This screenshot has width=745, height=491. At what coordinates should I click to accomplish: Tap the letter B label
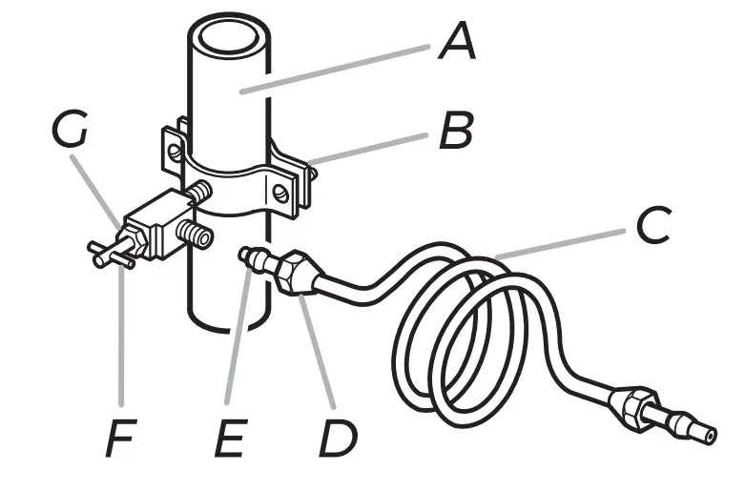(x=455, y=133)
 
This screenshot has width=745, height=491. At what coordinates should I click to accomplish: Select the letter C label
(x=653, y=226)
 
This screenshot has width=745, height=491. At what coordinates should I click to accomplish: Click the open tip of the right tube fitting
(x=710, y=435)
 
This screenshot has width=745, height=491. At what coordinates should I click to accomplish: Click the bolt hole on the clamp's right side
(x=279, y=194)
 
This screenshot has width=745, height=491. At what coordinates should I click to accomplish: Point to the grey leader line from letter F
(x=121, y=334)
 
